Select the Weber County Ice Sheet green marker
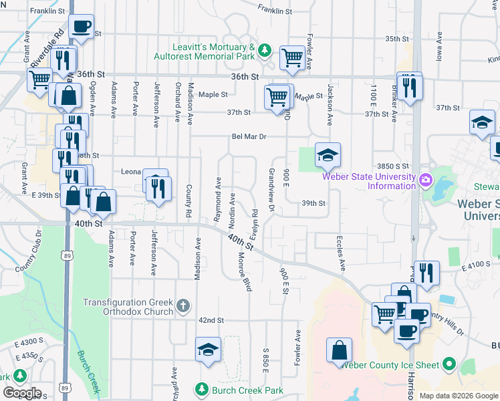click(x=449, y=365)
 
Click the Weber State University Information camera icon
click(x=424, y=180)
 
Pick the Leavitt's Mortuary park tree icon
click(x=265, y=50)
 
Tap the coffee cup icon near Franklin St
click(x=82, y=27)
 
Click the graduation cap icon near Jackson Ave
click(x=328, y=155)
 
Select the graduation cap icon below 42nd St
click(x=208, y=350)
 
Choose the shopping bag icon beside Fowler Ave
click(x=340, y=350)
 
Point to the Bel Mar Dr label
click(x=249, y=136)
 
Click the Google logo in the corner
click(x=22, y=393)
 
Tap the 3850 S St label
click(x=392, y=165)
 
